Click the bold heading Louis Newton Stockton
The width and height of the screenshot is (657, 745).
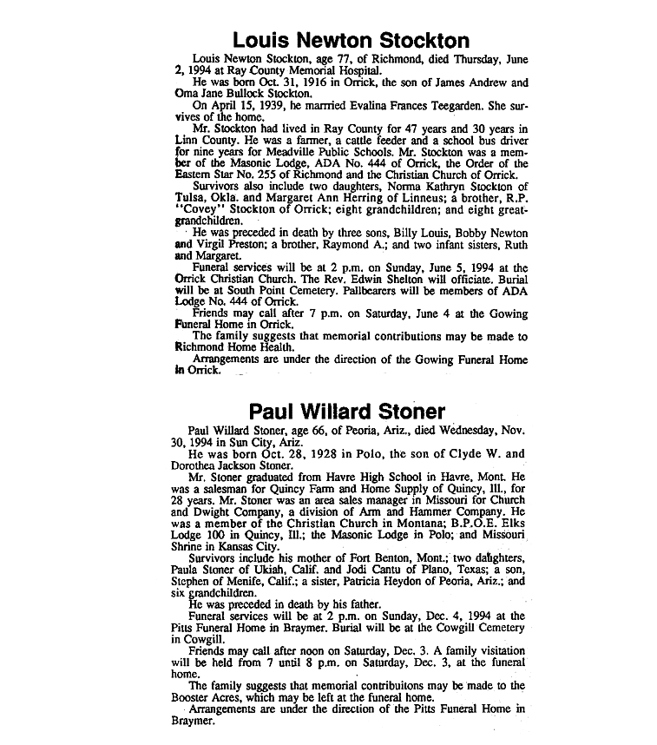pyautogui.click(x=351, y=40)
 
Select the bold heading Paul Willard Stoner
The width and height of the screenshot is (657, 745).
pyautogui.click(x=347, y=412)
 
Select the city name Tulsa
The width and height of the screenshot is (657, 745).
pyautogui.click(x=193, y=199)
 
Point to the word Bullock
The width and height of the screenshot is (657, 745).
pyautogui.click(x=231, y=93)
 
